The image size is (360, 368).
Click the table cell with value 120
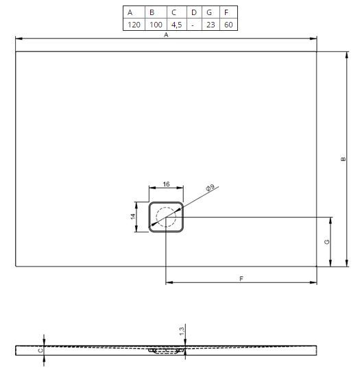(x=134, y=25)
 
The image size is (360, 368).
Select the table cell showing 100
(x=156, y=25)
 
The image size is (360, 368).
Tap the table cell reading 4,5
(x=177, y=25)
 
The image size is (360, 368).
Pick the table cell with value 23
(x=211, y=25)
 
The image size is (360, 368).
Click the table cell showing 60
(x=228, y=25)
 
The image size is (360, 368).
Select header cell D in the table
(x=194, y=12)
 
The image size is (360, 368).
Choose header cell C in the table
(x=177, y=12)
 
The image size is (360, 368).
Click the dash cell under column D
(x=194, y=25)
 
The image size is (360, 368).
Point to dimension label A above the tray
(x=166, y=35)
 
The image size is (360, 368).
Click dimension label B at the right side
(x=343, y=159)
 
